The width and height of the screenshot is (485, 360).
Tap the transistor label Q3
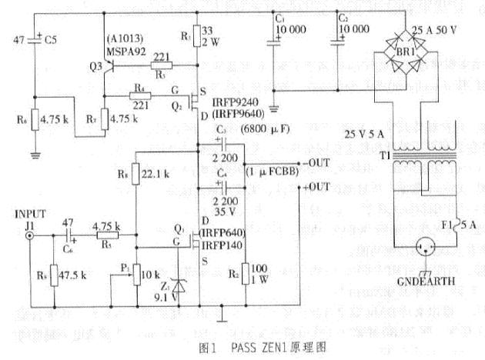click(95, 68)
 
